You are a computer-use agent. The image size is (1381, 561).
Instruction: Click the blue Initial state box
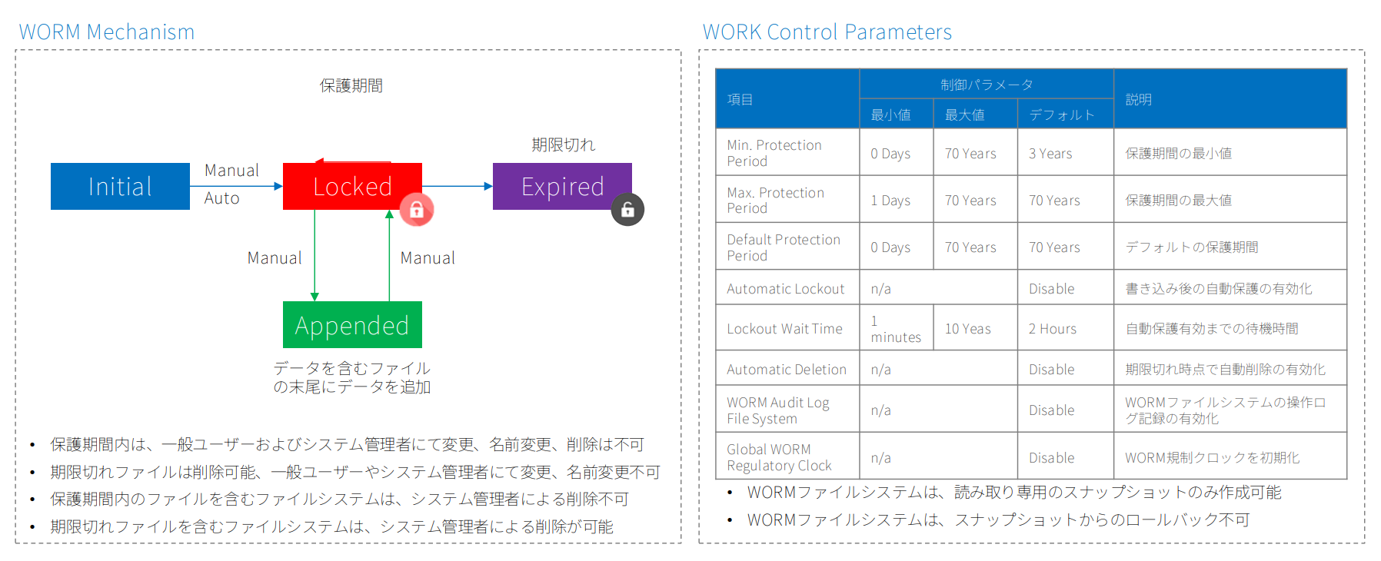(x=120, y=186)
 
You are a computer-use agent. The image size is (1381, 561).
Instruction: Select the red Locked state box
(x=352, y=186)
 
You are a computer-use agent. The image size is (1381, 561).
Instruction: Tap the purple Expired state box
(x=562, y=186)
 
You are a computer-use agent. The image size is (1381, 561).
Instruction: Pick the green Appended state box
(x=352, y=324)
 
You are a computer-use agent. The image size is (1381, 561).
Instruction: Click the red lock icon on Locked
(x=417, y=209)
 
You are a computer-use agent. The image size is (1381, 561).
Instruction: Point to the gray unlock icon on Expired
(x=627, y=209)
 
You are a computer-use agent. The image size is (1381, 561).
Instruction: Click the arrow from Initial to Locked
(x=236, y=186)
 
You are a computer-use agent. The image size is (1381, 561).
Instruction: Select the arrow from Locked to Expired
(x=458, y=186)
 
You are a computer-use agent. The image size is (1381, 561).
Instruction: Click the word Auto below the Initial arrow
(x=221, y=198)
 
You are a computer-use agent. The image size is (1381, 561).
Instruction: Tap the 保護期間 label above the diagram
(x=351, y=85)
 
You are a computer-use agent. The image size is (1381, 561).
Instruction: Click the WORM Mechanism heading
(x=107, y=32)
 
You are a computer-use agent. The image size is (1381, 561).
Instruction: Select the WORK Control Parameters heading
(x=827, y=32)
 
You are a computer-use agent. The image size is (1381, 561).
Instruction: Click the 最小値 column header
(x=890, y=115)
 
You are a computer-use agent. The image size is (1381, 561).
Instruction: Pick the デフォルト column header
(x=1061, y=115)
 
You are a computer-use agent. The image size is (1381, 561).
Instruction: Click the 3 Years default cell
(x=1050, y=154)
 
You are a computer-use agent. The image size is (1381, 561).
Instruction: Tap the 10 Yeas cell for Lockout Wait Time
(x=967, y=329)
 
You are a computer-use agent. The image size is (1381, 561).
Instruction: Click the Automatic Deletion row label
(x=787, y=370)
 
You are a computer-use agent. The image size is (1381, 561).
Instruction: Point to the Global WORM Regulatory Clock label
(x=779, y=457)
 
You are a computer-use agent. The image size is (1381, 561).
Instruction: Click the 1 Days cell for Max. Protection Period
(x=890, y=201)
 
